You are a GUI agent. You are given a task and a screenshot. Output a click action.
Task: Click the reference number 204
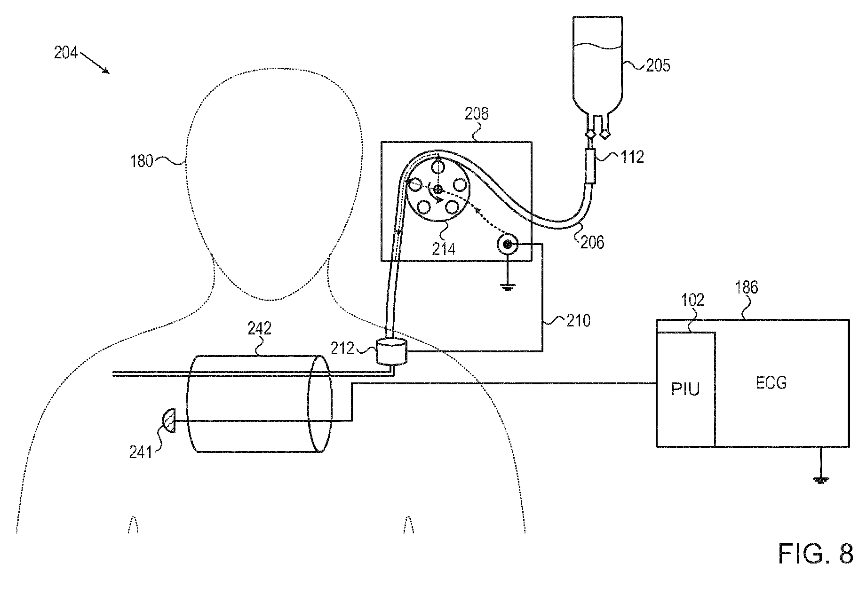[65, 53]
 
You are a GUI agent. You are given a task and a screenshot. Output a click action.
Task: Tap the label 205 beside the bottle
[658, 65]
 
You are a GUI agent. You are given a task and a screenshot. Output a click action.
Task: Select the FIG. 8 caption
[815, 554]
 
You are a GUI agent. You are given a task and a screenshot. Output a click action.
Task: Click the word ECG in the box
[771, 383]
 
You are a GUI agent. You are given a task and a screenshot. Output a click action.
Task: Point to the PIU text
[685, 389]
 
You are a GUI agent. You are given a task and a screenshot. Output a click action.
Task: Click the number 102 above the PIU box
[692, 300]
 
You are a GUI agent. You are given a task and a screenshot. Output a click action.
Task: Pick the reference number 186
[747, 287]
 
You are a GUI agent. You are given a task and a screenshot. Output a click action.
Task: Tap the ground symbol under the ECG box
[821, 479]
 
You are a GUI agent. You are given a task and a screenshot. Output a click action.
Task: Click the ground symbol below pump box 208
[507, 287]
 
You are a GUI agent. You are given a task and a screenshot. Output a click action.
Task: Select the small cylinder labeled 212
[391, 352]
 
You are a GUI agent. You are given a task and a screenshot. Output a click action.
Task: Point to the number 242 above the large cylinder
[259, 328]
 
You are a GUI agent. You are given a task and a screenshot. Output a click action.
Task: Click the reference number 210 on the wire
[578, 321]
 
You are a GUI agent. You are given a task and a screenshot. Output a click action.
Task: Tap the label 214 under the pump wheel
[444, 248]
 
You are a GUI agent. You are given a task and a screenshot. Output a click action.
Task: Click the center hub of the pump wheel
[437, 190]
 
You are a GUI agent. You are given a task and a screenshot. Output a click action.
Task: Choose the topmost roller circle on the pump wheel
[437, 167]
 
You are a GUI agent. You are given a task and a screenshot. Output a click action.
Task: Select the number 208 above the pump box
[477, 114]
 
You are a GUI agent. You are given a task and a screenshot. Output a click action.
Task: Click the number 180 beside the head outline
[142, 161]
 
